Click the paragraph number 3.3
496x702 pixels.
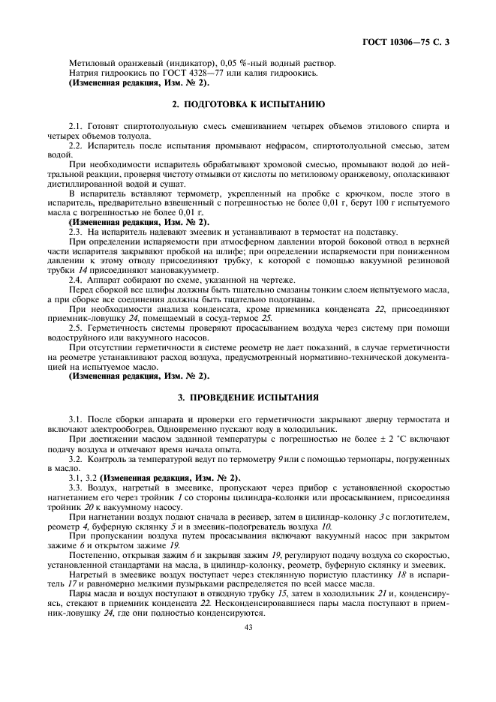pyautogui.click(x=75, y=486)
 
